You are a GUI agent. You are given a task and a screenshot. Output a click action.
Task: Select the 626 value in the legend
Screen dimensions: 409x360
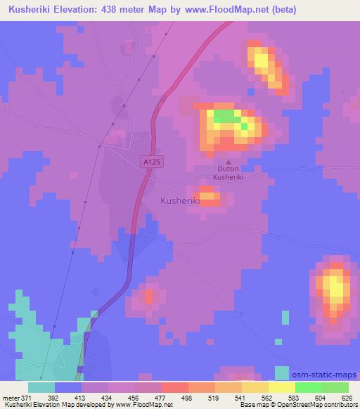345,398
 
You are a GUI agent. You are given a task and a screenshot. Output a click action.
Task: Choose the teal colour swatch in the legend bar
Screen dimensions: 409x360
41,387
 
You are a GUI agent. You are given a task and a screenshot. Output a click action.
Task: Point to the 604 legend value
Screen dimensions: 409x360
319,398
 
